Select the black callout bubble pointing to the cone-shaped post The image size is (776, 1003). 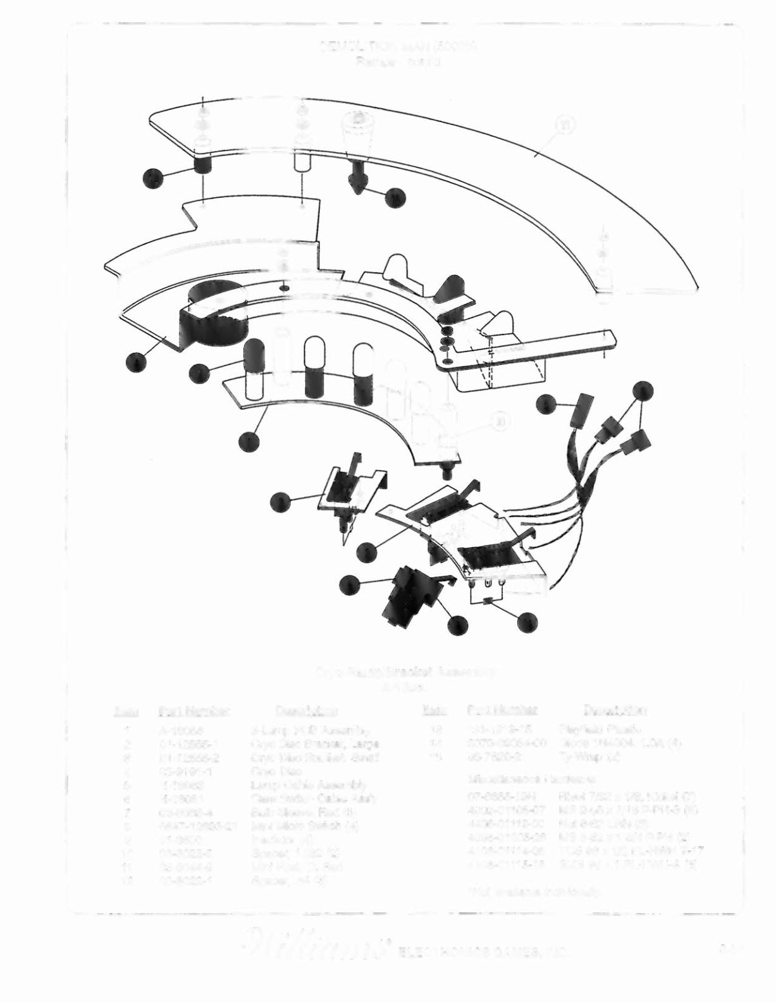click(x=395, y=198)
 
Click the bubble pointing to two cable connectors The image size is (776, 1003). click(x=643, y=390)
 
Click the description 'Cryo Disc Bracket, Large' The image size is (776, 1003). click(x=311, y=743)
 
